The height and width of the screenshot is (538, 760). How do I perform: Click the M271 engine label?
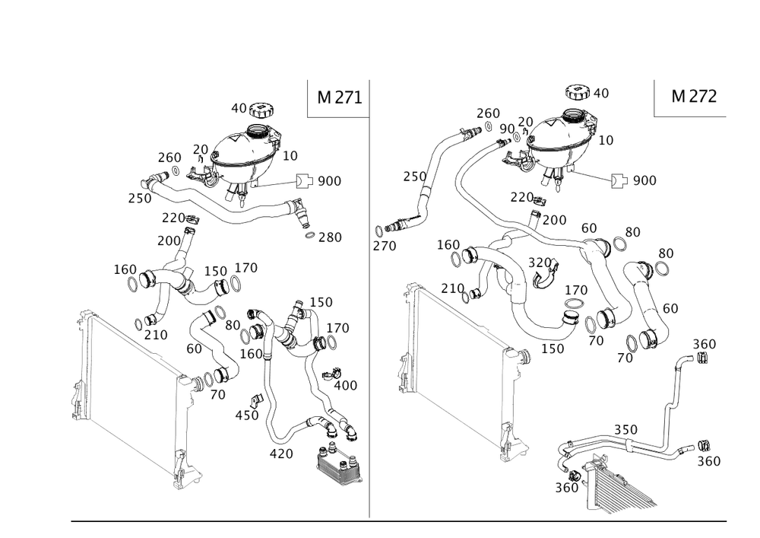[x=339, y=97]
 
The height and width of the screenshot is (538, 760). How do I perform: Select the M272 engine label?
[x=693, y=97]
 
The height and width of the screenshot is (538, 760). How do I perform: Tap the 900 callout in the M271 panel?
[x=329, y=181]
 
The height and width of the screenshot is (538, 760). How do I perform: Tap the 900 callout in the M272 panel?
[x=644, y=180]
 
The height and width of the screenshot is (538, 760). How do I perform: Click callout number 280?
[x=330, y=237]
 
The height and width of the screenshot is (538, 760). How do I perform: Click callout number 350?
[x=625, y=430]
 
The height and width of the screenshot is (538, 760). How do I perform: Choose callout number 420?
[x=282, y=454]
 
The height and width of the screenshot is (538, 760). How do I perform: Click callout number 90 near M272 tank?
[x=507, y=129]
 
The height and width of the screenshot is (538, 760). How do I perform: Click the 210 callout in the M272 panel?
[x=453, y=287]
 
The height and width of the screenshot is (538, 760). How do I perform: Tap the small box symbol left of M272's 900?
[x=617, y=180]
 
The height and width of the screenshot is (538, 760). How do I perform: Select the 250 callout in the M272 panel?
[x=414, y=176]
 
